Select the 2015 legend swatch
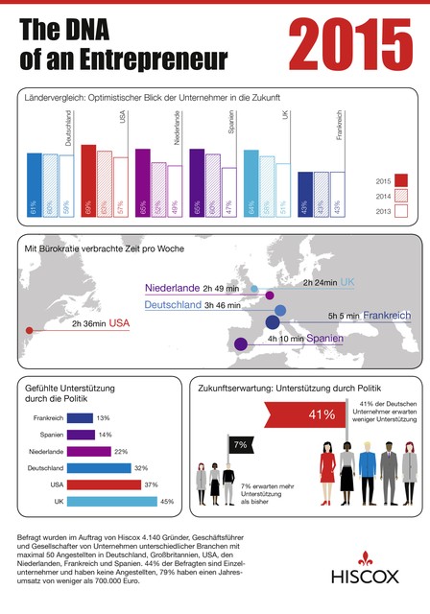[401, 179]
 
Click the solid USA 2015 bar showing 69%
[88, 182]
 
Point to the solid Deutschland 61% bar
[34, 186]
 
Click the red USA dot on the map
[28, 332]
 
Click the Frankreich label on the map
[387, 315]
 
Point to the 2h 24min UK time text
[321, 283]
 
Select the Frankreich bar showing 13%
[81, 418]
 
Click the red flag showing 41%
[322, 414]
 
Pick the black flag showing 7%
[240, 445]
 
